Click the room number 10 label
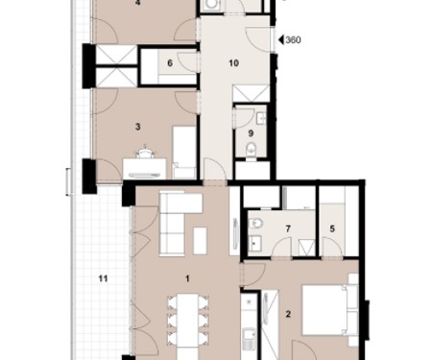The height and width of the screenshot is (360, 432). click(233, 63)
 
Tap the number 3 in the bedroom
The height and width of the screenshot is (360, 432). click(137, 127)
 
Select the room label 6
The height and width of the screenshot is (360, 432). click(170, 63)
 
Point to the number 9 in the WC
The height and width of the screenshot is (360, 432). click(251, 133)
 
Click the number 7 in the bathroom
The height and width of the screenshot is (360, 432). click(288, 228)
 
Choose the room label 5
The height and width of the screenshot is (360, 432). click(332, 228)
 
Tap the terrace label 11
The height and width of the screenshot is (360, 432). click(103, 278)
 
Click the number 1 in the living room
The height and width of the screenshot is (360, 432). click(187, 278)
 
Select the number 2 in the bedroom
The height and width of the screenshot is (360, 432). click(288, 314)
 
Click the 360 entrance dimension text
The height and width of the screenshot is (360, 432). click(293, 40)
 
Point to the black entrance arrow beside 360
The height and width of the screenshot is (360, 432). click(281, 39)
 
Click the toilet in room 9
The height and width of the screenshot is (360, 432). click(252, 150)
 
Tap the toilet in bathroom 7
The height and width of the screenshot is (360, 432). click(256, 223)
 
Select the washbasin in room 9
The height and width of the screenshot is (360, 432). click(261, 117)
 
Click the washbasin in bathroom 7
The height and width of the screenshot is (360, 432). click(255, 242)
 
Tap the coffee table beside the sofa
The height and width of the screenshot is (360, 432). click(200, 241)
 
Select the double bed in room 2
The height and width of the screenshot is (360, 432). click(329, 310)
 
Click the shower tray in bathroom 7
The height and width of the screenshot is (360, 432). click(305, 248)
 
